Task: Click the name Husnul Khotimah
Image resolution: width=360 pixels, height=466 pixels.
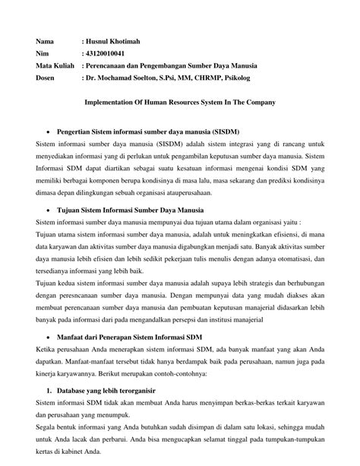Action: (120, 40)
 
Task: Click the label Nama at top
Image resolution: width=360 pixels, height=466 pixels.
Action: (46, 40)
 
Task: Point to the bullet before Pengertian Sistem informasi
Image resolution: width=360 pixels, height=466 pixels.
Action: (49, 130)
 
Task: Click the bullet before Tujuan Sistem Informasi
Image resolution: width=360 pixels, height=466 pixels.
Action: (49, 209)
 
